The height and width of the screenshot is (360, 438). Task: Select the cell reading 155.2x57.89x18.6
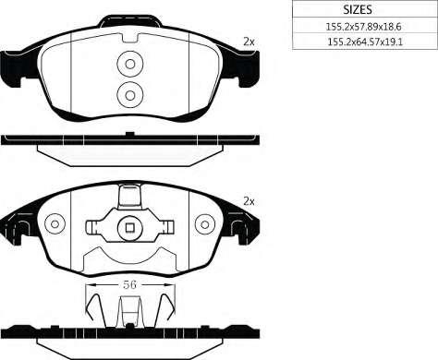(365, 26)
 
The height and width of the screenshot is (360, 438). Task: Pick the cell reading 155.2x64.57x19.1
(365, 42)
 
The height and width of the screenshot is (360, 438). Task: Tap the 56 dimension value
(129, 284)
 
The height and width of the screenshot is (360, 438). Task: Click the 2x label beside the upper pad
(249, 42)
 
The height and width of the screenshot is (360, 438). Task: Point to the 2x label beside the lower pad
(249, 202)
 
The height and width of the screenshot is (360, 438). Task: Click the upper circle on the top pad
(130, 64)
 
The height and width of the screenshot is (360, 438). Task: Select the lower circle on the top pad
(130, 95)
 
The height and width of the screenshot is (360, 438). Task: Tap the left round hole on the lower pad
(55, 224)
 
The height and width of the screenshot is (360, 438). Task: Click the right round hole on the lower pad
(205, 224)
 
